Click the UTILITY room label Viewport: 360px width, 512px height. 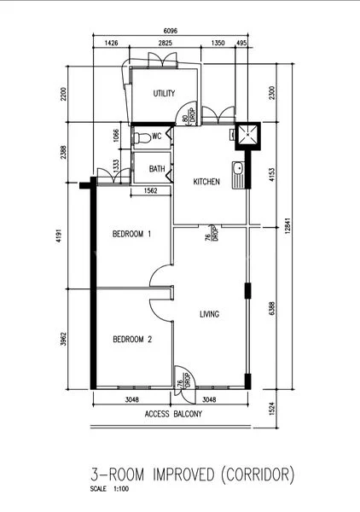(164, 93)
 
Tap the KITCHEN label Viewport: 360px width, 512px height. (206, 182)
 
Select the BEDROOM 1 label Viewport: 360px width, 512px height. (131, 233)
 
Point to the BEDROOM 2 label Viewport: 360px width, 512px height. (131, 340)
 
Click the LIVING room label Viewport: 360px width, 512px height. (210, 314)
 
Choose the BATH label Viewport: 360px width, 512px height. (156, 169)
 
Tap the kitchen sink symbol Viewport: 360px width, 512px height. (238, 169)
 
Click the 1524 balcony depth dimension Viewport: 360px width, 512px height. (272, 408)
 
